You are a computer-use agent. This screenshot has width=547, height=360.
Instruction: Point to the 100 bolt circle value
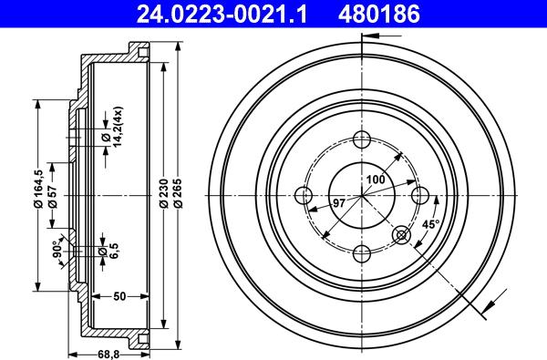[x=375, y=180]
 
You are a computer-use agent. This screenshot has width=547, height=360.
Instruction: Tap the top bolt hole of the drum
[x=362, y=139]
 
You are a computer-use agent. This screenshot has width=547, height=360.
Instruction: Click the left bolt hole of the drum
[x=304, y=195]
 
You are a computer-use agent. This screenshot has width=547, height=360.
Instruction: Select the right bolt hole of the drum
[x=419, y=195]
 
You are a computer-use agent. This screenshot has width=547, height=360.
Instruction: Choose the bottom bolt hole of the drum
[x=362, y=252]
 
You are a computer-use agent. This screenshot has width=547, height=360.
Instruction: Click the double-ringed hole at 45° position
[x=402, y=236]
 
